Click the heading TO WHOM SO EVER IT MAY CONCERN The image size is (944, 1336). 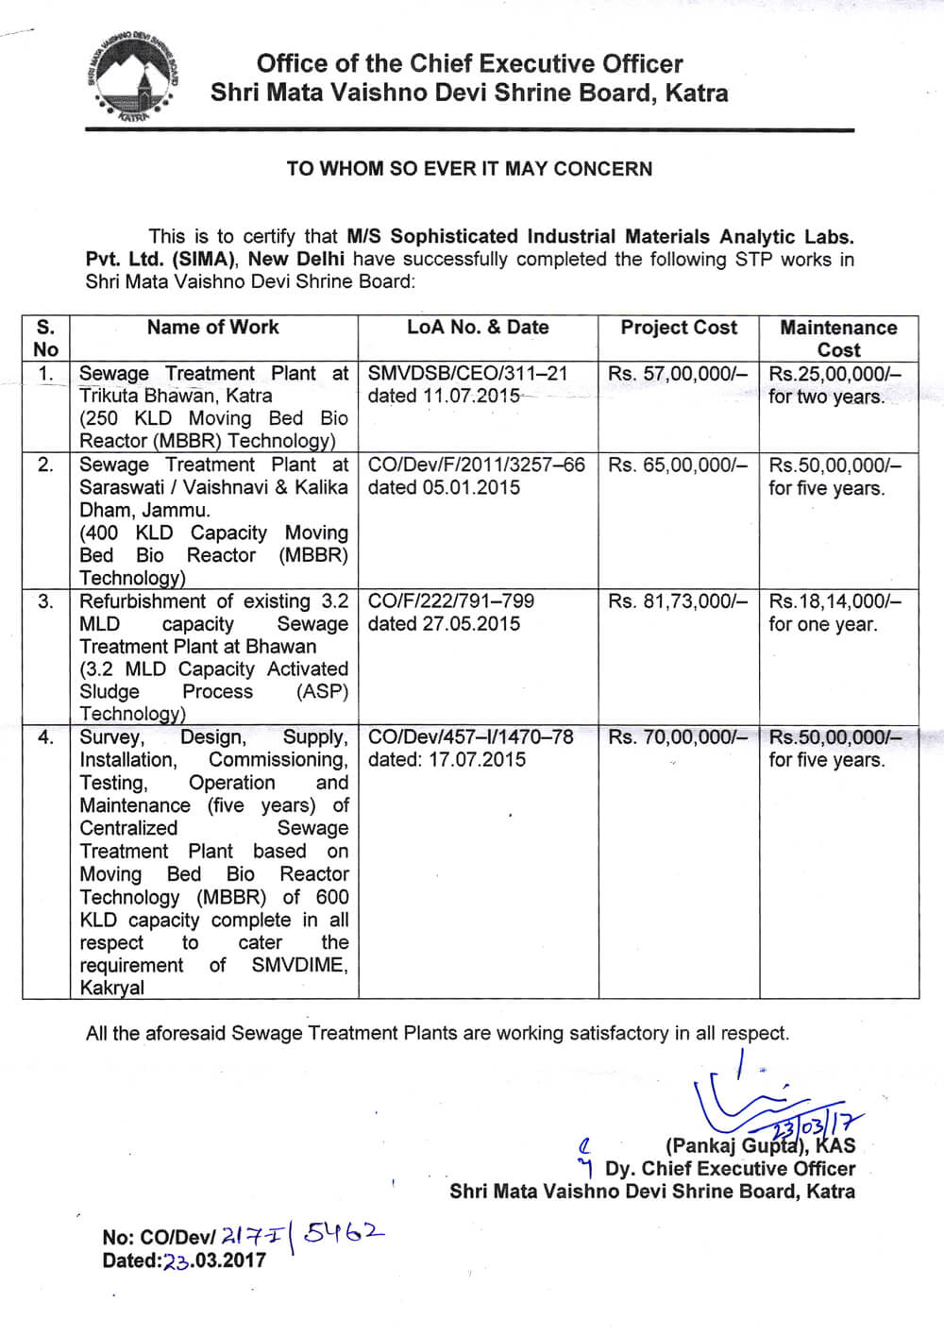469,169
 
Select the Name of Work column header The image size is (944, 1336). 213,328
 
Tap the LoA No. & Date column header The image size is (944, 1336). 478,328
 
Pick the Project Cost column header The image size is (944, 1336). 679,328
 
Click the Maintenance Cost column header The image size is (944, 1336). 838,338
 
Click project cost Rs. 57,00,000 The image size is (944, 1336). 677,374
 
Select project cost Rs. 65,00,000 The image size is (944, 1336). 677,465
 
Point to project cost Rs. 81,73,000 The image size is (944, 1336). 677,601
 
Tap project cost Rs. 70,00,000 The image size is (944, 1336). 677,737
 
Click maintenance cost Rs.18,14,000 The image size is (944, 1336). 834,601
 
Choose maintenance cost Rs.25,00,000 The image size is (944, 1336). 834,374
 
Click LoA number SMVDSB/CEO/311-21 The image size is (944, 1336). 468,374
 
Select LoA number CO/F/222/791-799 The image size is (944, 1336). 451,601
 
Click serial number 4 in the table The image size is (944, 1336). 45,737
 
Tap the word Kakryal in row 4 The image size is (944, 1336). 112,988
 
